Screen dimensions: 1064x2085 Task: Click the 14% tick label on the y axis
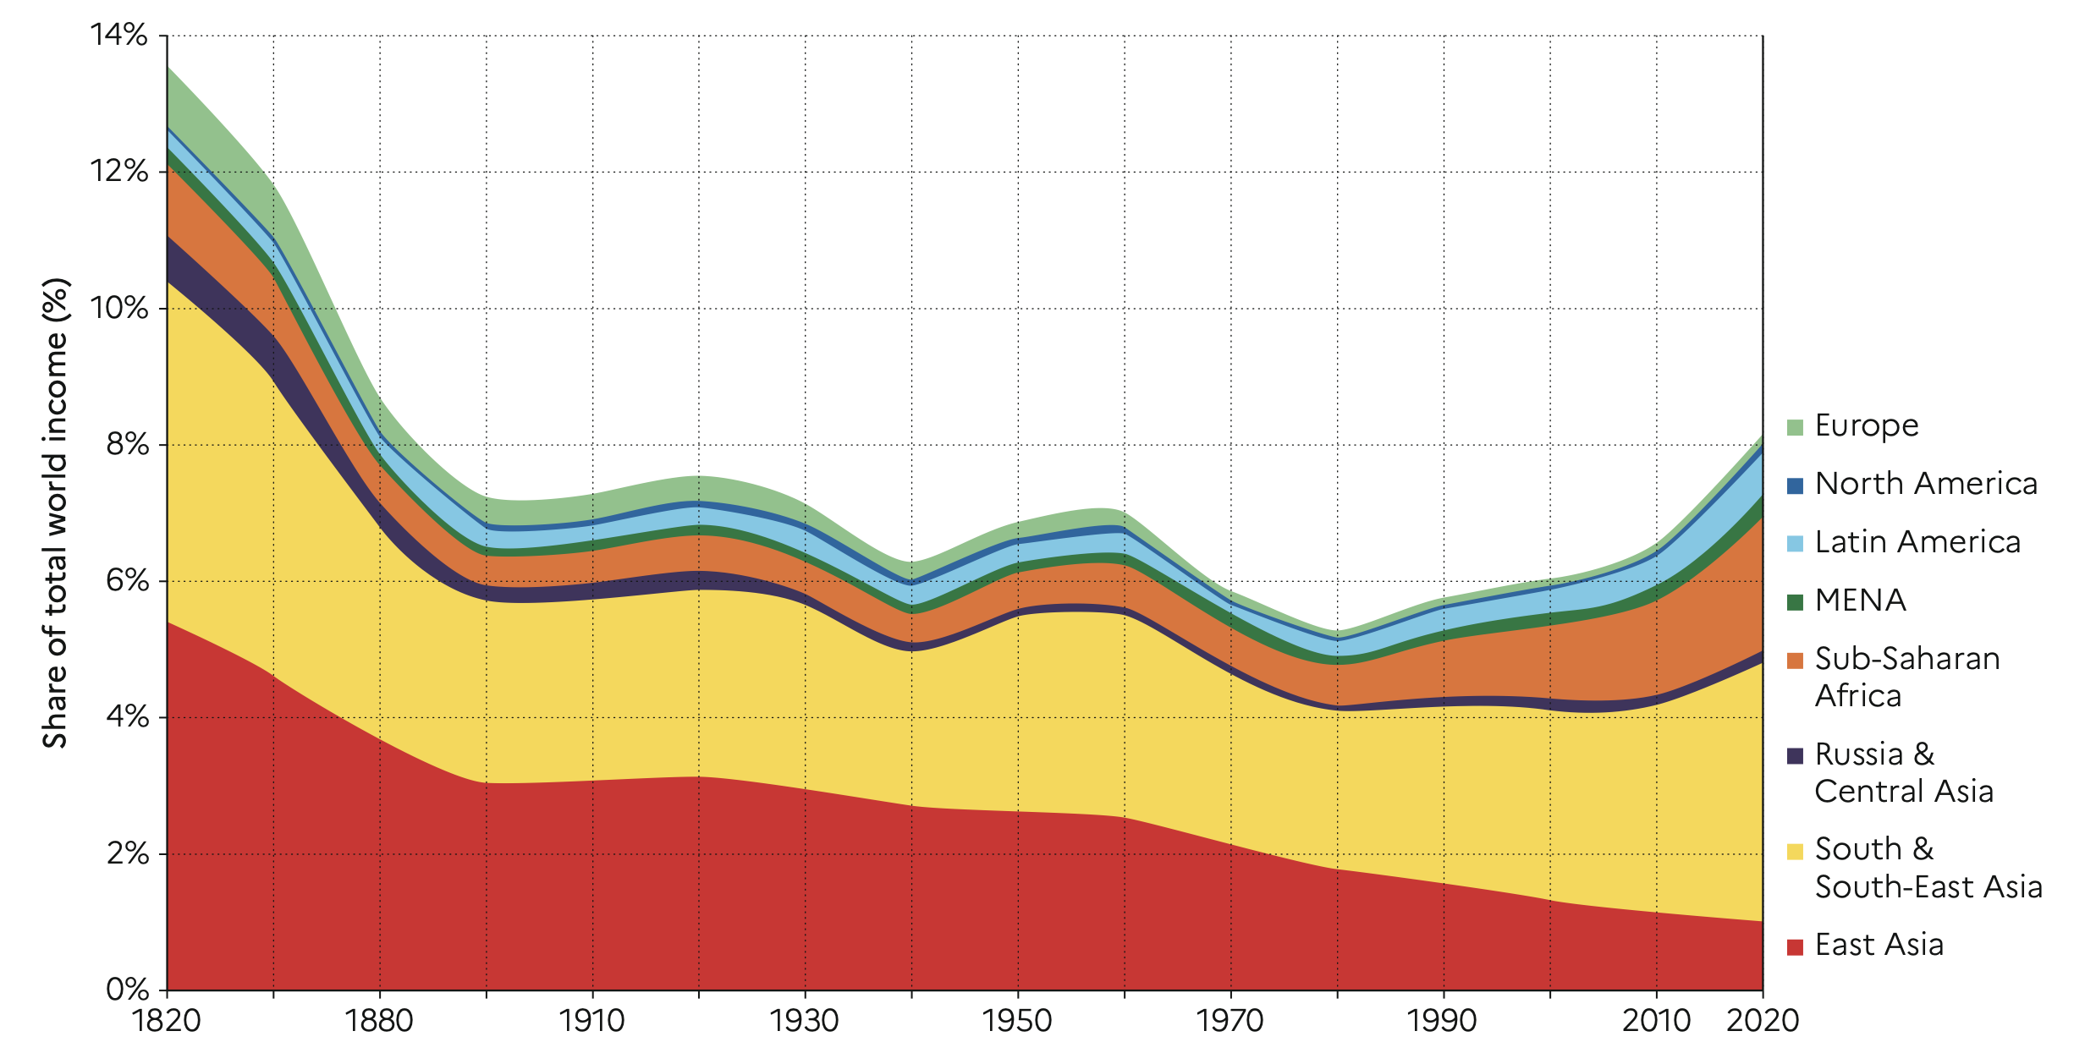pyautogui.click(x=118, y=36)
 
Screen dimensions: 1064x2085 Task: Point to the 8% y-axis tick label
pyautogui.click(x=127, y=444)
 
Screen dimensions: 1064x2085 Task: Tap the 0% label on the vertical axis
pyautogui.click(x=127, y=989)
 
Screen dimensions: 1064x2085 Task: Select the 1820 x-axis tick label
pyautogui.click(x=167, y=1021)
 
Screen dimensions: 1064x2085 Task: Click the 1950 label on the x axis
pyautogui.click(x=1017, y=1021)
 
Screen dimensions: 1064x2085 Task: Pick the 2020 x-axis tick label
pyautogui.click(x=1762, y=1021)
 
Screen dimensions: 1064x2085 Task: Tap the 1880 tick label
pyautogui.click(x=379, y=1021)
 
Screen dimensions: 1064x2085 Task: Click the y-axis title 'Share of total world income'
pyautogui.click(x=56, y=513)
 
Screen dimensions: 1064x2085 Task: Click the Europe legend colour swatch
pyautogui.click(x=1795, y=426)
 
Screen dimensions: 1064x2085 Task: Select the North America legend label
pyautogui.click(x=1926, y=484)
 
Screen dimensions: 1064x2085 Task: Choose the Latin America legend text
pyautogui.click(x=1917, y=542)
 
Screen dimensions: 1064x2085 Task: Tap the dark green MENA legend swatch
pyautogui.click(x=1795, y=602)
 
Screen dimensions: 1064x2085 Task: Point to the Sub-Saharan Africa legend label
pyautogui.click(x=1907, y=677)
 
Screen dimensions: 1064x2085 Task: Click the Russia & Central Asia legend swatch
pyautogui.click(x=1795, y=755)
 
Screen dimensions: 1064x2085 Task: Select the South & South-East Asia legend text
pyautogui.click(x=1928, y=868)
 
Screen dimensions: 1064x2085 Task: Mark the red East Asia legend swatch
pyautogui.click(x=1795, y=946)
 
